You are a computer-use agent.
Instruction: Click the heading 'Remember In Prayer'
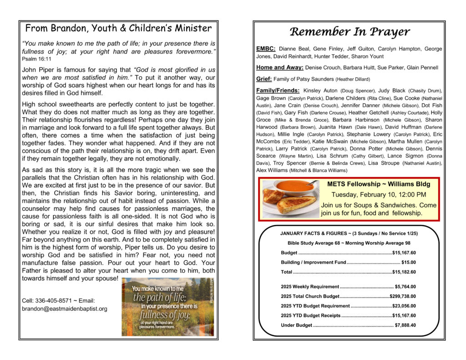349,32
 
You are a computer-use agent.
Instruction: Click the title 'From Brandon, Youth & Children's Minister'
118,28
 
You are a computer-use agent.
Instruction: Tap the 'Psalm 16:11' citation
36,59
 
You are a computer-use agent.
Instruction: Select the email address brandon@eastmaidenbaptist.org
65,309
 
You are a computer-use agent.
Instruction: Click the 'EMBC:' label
265,49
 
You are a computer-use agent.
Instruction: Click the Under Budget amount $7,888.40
405,325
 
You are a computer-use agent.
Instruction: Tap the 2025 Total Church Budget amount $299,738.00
403,296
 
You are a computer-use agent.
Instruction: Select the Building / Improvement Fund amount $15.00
408,262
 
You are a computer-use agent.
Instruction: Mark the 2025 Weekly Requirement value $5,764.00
405,287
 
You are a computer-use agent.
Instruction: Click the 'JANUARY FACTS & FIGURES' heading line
349,233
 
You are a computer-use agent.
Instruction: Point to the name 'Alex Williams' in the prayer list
272,170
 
